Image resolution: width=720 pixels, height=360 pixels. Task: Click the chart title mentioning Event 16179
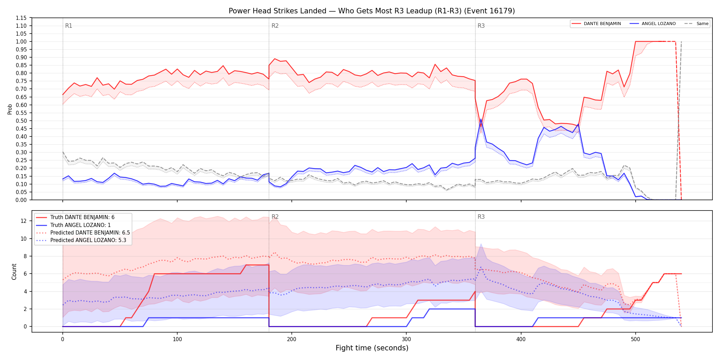tap(372, 11)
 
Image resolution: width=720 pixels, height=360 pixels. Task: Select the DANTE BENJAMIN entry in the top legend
tap(596, 24)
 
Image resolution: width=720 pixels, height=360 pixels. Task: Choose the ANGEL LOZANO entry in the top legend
tap(653, 24)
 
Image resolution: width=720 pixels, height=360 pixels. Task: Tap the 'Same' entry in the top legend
tap(696, 24)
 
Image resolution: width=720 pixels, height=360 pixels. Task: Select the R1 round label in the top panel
tap(69, 26)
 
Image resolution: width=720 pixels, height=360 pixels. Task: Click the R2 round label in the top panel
tap(275, 26)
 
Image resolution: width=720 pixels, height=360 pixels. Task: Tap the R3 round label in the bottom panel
tap(481, 217)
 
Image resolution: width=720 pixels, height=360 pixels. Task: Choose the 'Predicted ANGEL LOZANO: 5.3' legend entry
tap(81, 240)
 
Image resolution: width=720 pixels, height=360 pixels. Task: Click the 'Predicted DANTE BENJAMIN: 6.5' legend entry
tap(83, 232)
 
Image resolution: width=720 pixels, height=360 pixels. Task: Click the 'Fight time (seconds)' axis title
tap(372, 348)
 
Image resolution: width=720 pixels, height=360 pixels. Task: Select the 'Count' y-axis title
tap(14, 272)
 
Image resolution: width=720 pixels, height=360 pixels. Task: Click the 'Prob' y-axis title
tap(10, 109)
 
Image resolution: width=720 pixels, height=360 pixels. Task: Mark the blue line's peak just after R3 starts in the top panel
tap(481, 119)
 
